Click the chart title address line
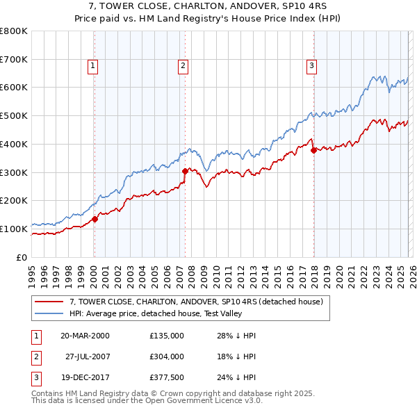point(208,6)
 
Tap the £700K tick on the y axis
point(14,60)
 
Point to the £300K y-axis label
point(14,172)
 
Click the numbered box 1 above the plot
point(92,66)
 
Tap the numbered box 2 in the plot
point(183,66)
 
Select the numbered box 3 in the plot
point(312,66)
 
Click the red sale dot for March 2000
point(95,219)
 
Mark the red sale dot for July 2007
point(186,171)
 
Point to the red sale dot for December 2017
point(314,150)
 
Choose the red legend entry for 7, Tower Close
point(196,302)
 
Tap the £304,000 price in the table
point(167,356)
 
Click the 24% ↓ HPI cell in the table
point(236,377)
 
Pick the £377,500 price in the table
point(167,377)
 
